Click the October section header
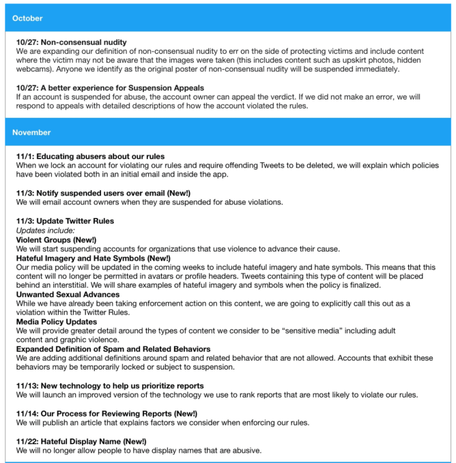[27, 18]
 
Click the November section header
[31, 132]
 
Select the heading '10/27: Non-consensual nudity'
[72, 42]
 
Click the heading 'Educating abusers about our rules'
[90, 157]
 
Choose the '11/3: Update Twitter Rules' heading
[65, 222]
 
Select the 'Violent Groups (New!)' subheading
[56, 240]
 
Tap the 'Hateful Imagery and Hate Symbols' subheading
[94, 258]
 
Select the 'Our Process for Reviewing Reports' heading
[106, 414]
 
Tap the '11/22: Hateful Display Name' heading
[81, 441]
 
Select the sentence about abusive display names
[139, 450]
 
